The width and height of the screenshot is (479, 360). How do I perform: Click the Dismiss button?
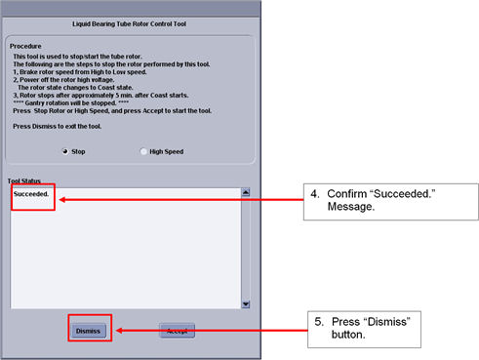(89, 331)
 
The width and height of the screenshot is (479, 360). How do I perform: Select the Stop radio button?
(65, 151)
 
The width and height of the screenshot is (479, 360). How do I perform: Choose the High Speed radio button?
(143, 151)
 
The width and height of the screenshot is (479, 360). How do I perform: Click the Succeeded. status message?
(31, 194)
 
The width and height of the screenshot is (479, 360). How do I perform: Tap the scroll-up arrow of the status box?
(246, 192)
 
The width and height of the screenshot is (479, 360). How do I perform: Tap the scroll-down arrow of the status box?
(246, 304)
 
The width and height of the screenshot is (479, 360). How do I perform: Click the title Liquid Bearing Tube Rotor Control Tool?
(129, 23)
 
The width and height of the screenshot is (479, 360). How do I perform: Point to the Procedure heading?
(25, 46)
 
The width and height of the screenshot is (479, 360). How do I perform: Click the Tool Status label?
(24, 180)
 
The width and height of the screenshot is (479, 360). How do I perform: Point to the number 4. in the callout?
(315, 194)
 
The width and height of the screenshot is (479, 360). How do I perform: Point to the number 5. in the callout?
(319, 322)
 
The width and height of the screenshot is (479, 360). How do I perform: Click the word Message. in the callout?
(351, 207)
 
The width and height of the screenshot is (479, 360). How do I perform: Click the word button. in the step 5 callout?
(348, 335)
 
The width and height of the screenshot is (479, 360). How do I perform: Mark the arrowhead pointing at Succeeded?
(61, 199)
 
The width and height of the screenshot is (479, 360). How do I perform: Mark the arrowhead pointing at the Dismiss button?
(119, 331)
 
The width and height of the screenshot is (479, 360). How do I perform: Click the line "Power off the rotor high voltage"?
(67, 80)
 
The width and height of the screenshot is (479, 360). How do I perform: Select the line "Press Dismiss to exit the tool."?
(58, 126)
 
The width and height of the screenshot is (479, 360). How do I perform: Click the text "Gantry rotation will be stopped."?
(70, 103)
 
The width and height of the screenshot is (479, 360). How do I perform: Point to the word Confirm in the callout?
(347, 194)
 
